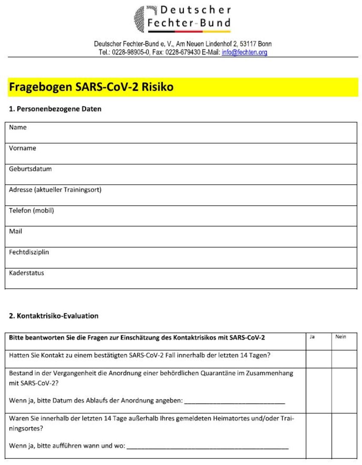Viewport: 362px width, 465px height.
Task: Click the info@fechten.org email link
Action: tap(244, 52)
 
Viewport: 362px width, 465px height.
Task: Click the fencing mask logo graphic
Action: tap(140, 19)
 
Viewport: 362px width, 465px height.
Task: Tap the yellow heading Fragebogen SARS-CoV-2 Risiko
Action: tap(91, 87)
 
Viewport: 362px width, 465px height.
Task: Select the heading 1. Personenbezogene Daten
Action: tap(55, 109)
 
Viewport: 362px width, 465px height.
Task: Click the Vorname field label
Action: tap(23, 148)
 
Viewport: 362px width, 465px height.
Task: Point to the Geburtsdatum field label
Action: tap(30, 169)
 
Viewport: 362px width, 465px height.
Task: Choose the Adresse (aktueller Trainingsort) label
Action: tap(55, 190)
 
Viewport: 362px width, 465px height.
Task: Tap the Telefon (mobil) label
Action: tap(32, 210)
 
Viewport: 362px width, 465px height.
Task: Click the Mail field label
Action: tap(16, 231)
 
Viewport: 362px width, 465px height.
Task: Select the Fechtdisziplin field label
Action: tap(29, 252)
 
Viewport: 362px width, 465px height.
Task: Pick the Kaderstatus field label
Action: tap(26, 273)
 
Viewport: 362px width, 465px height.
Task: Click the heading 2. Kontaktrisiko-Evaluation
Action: tap(54, 316)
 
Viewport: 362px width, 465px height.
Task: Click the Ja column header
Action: tap(312, 337)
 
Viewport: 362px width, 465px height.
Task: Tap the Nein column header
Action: tap(341, 337)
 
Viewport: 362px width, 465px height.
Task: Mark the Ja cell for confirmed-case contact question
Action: tap(319, 359)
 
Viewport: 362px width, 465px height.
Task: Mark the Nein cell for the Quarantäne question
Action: tap(344, 390)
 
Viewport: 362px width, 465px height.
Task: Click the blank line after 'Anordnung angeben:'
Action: tap(235, 402)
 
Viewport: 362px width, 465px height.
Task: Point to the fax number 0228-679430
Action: tap(183, 52)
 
